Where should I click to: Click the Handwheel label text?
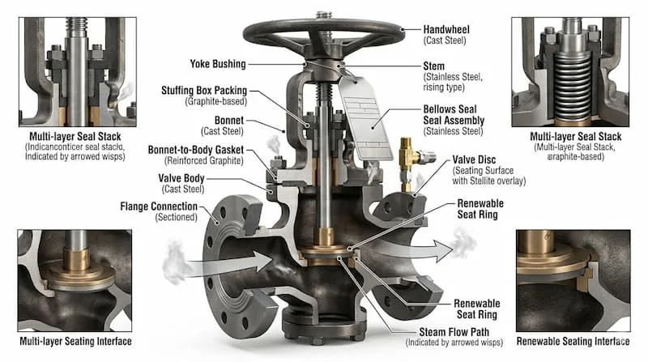tap(446, 29)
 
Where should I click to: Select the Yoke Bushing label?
tap(218, 64)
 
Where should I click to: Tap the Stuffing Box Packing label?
tap(204, 91)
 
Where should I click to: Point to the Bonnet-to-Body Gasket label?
tap(196, 150)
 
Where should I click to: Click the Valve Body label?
tap(181, 178)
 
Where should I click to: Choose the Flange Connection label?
tap(159, 207)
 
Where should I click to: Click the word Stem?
tap(434, 66)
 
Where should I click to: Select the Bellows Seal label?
tap(450, 109)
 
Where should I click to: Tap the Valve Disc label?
tap(474, 160)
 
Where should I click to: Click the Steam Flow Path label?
tap(454, 332)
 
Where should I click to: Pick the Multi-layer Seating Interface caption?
tap(75, 341)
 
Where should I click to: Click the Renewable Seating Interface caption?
tap(573, 341)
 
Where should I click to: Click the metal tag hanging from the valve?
tap(366, 119)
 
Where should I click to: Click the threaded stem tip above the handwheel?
tap(323, 15)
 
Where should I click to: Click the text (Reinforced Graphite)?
tap(204, 160)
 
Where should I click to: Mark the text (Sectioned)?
tap(176, 217)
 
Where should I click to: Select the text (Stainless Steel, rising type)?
tap(453, 83)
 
